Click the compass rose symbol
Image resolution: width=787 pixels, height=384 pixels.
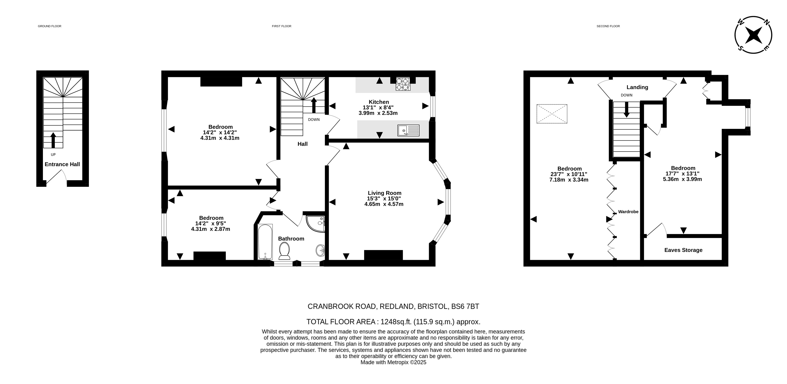click(x=753, y=35)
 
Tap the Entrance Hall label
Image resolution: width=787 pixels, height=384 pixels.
click(x=62, y=164)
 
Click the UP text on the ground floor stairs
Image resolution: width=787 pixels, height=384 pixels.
click(x=53, y=155)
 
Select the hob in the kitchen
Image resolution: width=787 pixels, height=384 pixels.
click(x=403, y=84)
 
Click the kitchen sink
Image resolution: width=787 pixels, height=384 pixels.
click(x=408, y=130)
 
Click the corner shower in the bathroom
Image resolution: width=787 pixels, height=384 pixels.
click(x=316, y=224)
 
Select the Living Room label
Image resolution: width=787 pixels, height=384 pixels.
click(x=384, y=193)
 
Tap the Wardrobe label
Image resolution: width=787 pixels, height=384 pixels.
click(x=628, y=212)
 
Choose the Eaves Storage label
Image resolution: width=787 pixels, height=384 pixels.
click(x=683, y=250)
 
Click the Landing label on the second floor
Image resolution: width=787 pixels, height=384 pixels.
click(x=637, y=87)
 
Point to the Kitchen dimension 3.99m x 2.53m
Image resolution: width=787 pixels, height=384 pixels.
click(x=378, y=113)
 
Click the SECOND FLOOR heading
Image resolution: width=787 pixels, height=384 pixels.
click(x=608, y=26)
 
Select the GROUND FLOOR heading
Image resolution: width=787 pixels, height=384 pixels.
click(x=50, y=26)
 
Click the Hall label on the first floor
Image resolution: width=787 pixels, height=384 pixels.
click(x=303, y=144)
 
